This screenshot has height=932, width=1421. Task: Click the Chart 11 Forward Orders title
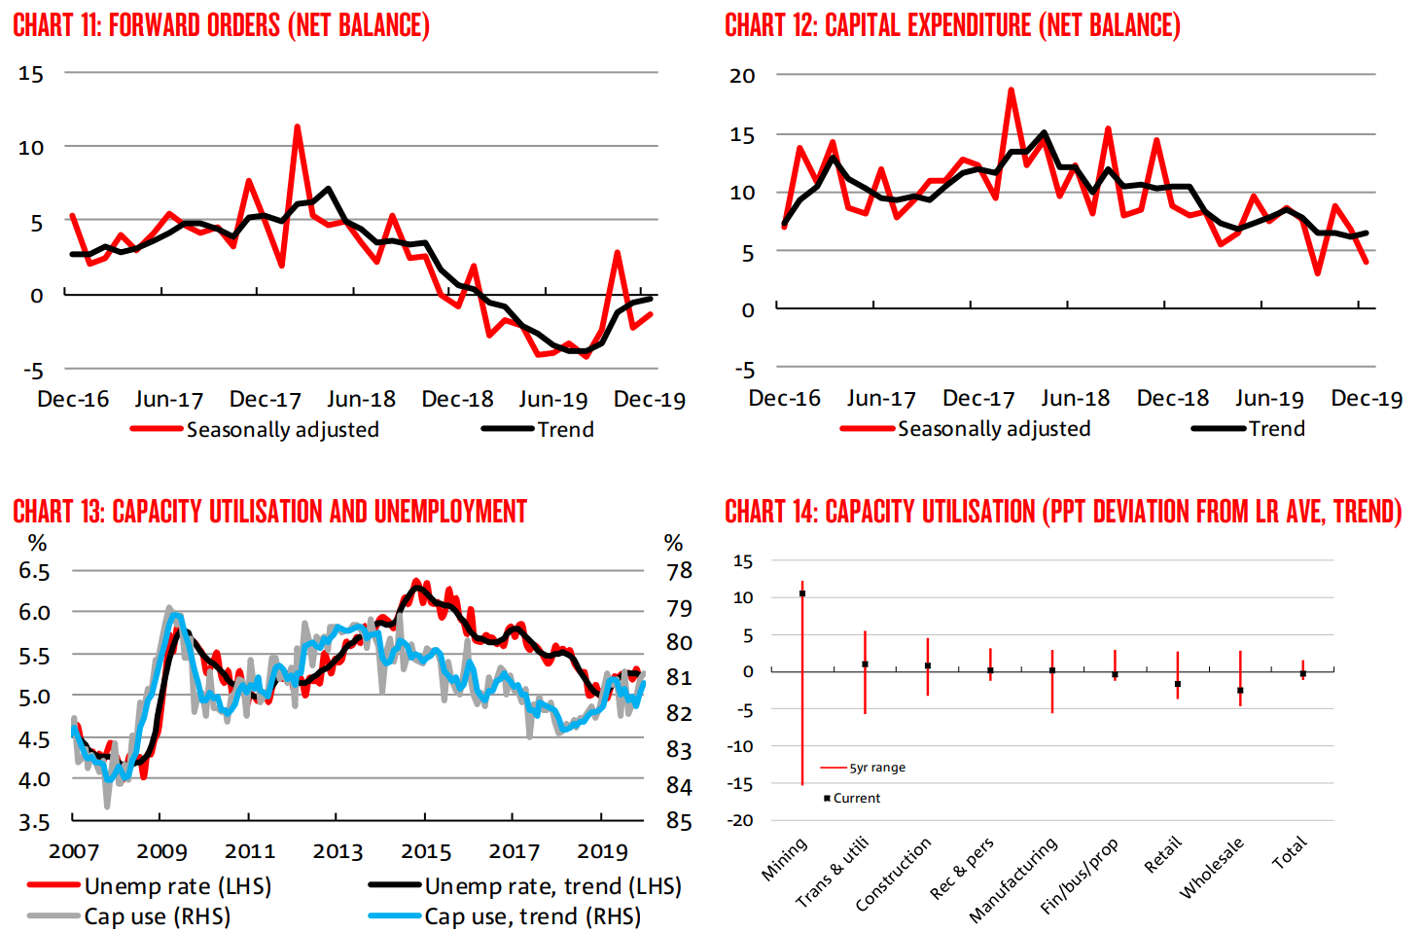tap(221, 25)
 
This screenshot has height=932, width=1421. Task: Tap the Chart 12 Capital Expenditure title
tap(952, 25)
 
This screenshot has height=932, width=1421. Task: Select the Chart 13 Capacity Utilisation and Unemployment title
tap(269, 512)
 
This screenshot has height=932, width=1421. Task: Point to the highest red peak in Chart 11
tap(297, 127)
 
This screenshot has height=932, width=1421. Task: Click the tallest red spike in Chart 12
tap(1012, 90)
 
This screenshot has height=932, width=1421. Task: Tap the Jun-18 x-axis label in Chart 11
tap(361, 399)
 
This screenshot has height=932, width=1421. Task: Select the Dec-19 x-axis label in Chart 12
tap(1367, 398)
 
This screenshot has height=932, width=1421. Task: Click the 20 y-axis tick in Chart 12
tap(742, 76)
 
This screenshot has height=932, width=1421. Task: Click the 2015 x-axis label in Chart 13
tap(426, 851)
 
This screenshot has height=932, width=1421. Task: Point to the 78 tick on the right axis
tap(679, 571)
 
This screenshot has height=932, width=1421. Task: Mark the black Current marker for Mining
tap(802, 593)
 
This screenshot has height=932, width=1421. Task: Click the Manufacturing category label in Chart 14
tap(1013, 879)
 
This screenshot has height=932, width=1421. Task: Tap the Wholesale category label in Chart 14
tap(1212, 868)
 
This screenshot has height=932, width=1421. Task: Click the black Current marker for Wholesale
tap(1240, 691)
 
